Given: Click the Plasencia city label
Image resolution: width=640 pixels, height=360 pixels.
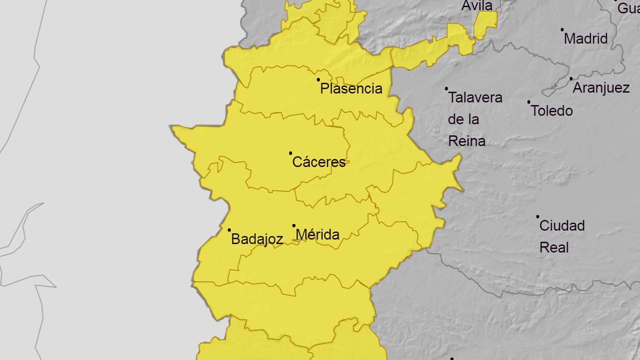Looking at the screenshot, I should (x=351, y=89).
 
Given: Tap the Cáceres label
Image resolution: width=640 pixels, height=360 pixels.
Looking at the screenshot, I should (x=319, y=162).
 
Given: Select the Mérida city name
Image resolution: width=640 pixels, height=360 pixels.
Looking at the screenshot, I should (x=317, y=234).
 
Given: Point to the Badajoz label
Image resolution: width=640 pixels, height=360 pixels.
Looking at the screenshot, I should (x=257, y=239).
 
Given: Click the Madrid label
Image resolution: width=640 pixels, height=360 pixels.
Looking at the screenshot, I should (x=585, y=38).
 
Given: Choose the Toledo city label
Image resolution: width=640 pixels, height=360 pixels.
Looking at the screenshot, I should (x=551, y=110).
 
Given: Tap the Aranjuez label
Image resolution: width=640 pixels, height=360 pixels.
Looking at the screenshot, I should (x=600, y=88).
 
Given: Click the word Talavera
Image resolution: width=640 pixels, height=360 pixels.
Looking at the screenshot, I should (x=475, y=97).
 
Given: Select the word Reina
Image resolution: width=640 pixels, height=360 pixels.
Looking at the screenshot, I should (x=466, y=141).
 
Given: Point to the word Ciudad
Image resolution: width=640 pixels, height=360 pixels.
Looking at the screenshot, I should (x=561, y=225).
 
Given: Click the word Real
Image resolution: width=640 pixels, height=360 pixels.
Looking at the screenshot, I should (x=554, y=247).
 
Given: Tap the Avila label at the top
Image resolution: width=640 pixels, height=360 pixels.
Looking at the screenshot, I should (x=477, y=5).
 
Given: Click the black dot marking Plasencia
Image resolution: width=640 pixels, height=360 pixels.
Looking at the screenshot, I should (x=318, y=79).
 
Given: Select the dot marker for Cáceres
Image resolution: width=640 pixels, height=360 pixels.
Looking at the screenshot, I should (x=290, y=153).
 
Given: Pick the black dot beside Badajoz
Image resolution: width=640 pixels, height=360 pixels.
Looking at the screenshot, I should (x=229, y=230).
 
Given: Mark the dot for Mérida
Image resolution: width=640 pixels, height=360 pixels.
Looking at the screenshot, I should (x=294, y=225).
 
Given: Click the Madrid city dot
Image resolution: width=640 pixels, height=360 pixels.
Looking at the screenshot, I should (x=562, y=29).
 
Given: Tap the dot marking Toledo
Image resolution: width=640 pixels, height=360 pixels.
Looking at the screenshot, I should (x=528, y=102).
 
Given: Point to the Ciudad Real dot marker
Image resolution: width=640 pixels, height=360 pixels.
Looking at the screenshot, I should (x=537, y=216).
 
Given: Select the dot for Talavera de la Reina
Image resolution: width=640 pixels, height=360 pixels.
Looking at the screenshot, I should (x=446, y=88).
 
